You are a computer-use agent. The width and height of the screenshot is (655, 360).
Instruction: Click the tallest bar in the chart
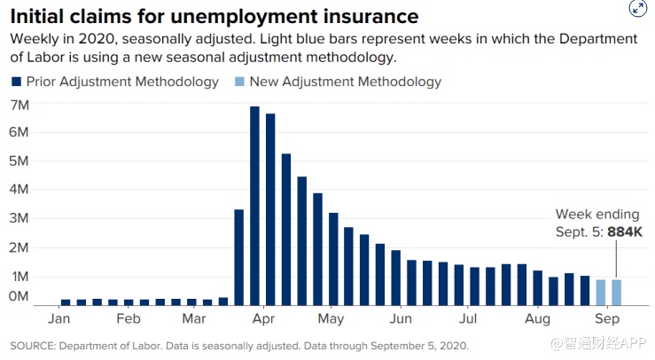[255, 204]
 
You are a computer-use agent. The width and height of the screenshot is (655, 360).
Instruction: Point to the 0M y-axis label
[19, 295]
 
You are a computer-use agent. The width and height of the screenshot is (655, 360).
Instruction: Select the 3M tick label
[20, 218]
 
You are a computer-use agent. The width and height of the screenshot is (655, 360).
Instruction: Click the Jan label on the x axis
[58, 318]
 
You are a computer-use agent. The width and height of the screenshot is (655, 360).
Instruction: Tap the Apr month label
[261, 318]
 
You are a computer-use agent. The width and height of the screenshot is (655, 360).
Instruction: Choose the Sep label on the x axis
[606, 318]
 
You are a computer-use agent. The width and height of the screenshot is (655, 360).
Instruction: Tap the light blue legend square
[239, 82]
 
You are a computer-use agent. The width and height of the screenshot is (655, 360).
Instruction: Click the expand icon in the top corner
[637, 9]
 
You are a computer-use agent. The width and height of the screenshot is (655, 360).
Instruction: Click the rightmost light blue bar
[616, 292]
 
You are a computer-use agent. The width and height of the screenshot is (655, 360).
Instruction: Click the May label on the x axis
[331, 318]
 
